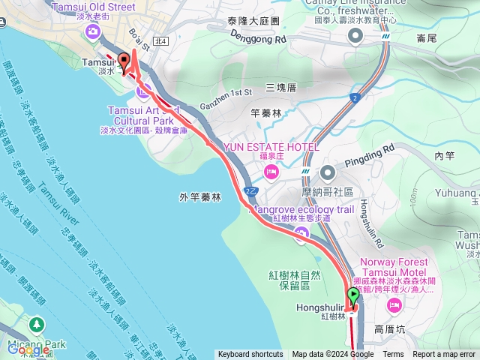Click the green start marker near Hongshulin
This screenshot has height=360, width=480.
tap(353, 295)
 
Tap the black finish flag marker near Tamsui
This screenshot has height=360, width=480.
tap(123, 62)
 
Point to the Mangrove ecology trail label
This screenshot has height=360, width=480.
tap(302, 209)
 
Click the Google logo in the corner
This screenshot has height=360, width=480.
tap(28, 349)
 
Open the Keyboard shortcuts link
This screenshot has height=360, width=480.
tap(250, 355)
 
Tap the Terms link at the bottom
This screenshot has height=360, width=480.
tap(393, 355)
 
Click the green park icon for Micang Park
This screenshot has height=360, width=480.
tap(35, 325)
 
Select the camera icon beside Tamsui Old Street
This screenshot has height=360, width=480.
tap(93, 31)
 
